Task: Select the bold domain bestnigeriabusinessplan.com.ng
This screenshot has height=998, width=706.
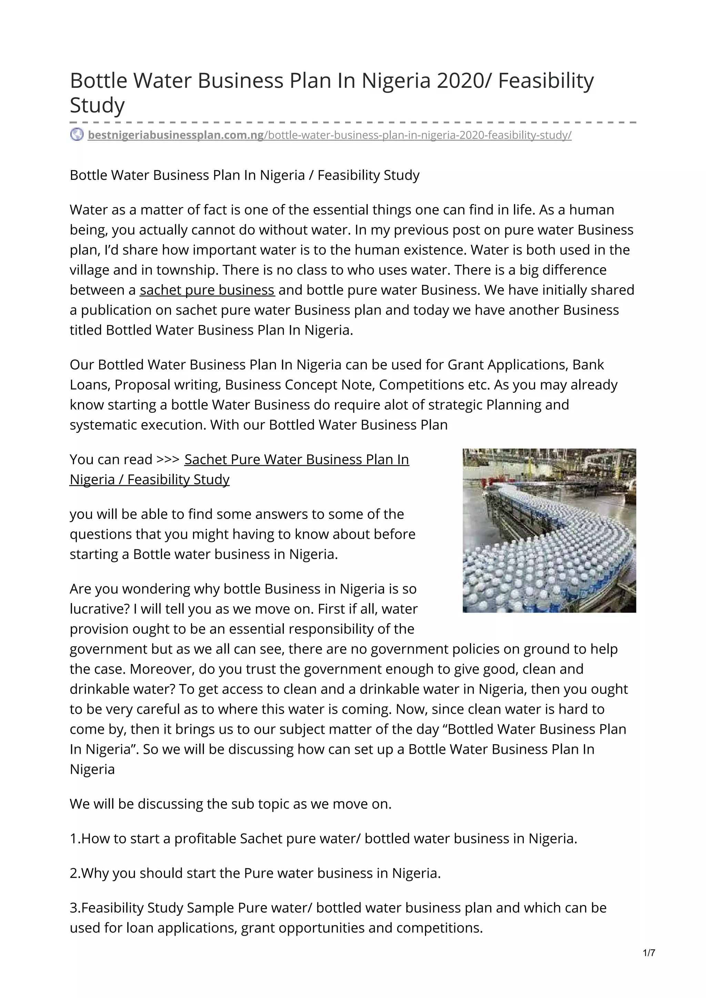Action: click(176, 135)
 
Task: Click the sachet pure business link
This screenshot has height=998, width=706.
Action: click(207, 290)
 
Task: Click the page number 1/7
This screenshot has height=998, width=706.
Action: click(648, 953)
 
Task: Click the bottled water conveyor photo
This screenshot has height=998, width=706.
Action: click(549, 530)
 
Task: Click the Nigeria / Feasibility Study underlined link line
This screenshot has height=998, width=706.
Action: click(149, 479)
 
